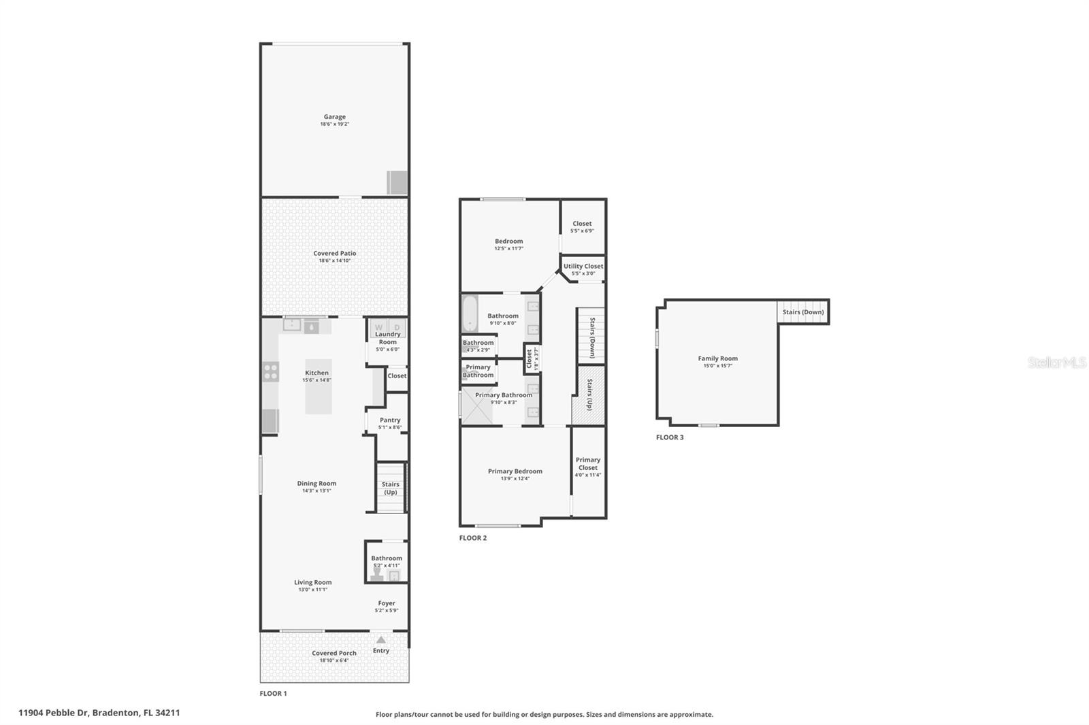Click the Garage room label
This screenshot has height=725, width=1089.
click(334, 117)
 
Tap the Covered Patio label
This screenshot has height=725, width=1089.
click(334, 253)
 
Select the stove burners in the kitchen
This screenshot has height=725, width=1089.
click(271, 371)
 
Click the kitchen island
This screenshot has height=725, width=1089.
click(318, 386)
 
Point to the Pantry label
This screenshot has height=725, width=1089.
click(390, 420)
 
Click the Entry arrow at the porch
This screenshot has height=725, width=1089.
click(381, 640)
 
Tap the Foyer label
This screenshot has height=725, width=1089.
click(387, 603)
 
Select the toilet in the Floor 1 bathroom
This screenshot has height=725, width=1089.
click(376, 575)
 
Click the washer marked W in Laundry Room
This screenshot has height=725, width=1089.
click(379, 328)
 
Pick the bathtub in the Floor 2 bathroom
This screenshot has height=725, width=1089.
click(470, 314)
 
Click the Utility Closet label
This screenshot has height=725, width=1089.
click(583, 266)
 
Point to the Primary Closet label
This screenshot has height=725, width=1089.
click(587, 463)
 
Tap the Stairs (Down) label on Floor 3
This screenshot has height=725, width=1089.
click(803, 312)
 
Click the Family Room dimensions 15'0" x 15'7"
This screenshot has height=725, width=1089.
click(717, 366)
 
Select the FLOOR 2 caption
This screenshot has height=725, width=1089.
click(473, 538)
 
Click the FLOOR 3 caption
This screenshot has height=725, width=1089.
click(670, 437)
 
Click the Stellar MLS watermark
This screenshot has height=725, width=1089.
click(1056, 362)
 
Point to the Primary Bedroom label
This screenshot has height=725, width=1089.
click(515, 471)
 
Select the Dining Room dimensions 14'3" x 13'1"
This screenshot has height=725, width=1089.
click(316, 491)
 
